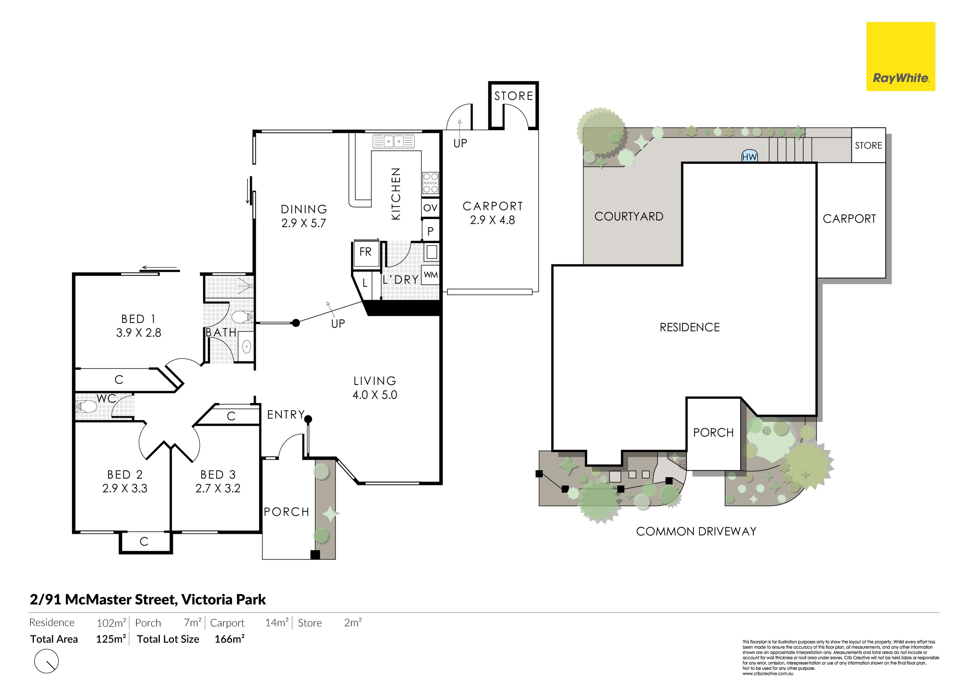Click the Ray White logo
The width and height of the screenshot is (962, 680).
coord(900,57)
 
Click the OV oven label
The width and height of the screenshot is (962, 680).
coord(430,208)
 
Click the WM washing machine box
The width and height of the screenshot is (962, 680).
coord(430,275)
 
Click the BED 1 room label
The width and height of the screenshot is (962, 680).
coord(138,319)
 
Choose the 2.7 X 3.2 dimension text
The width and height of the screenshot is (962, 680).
coord(218,488)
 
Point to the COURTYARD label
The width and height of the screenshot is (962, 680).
coord(629,216)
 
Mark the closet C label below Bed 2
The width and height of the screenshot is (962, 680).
coord(144,542)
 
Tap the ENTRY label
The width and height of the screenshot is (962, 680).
coord(286,415)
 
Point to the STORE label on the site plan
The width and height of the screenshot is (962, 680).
coord(869,145)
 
